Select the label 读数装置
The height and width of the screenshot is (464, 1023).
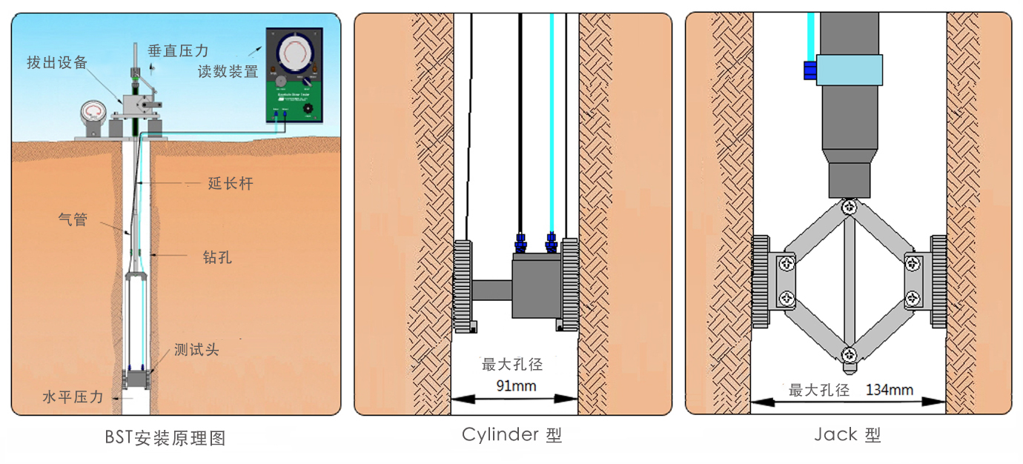tap(228, 72)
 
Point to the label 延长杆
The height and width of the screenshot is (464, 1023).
tap(231, 184)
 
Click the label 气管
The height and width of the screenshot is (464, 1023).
tap(73, 219)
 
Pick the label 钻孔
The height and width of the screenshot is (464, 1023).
tap(217, 257)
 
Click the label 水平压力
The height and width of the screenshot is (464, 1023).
tap(72, 397)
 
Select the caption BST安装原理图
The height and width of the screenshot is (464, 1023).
tap(165, 438)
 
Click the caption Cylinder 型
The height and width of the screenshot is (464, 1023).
tap(512, 434)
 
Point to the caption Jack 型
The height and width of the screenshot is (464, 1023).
tap(847, 435)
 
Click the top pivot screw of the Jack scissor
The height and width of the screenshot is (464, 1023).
tap(849, 208)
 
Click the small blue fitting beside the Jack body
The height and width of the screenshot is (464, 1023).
tap(810, 70)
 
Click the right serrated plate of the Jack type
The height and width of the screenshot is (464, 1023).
tap(938, 282)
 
